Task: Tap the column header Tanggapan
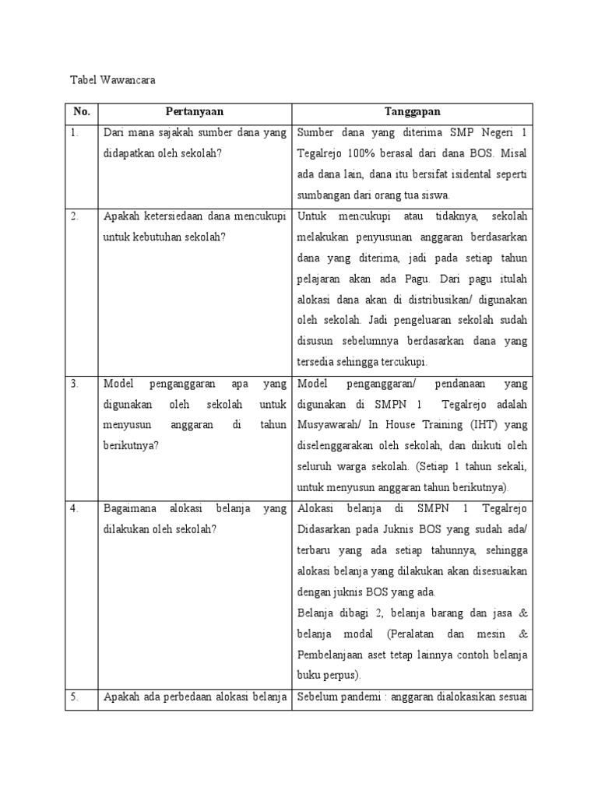[412, 112]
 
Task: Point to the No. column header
[82, 112]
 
